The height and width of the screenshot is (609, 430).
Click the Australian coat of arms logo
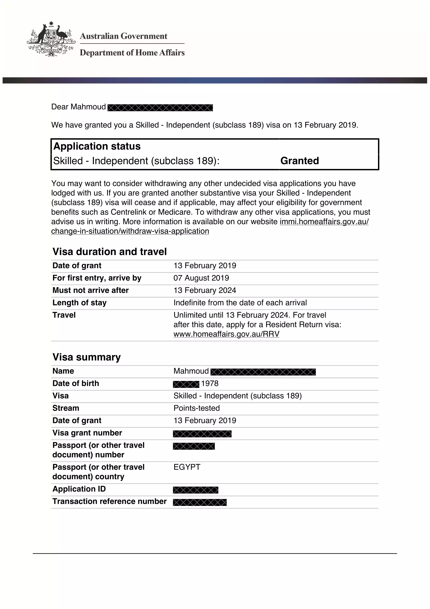[51, 39]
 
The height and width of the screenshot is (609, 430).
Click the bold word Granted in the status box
[299, 161]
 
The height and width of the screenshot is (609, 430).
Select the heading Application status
[97, 146]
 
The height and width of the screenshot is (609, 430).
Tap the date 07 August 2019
[201, 278]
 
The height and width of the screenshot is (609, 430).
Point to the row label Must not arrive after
[90, 290]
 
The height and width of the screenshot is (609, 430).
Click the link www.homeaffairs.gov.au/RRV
[226, 334]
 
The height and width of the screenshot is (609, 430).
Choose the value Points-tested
[197, 408]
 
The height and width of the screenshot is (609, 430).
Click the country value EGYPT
[187, 467]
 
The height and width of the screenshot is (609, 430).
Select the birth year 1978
[210, 384]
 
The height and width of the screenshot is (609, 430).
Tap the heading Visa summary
[87, 357]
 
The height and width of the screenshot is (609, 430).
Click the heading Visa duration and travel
[110, 252]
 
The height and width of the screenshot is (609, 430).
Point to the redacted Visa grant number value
[202, 434]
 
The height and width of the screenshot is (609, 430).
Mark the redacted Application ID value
[196, 490]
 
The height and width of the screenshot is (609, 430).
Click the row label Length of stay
[80, 303]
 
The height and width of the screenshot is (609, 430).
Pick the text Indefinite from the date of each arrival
[240, 303]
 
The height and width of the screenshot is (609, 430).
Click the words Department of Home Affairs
[132, 53]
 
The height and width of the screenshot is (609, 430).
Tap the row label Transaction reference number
[109, 501]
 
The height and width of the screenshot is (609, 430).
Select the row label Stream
[66, 408]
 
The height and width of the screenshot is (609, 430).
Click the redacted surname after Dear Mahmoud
[160, 108]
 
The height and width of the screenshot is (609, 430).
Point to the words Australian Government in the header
[124, 36]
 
